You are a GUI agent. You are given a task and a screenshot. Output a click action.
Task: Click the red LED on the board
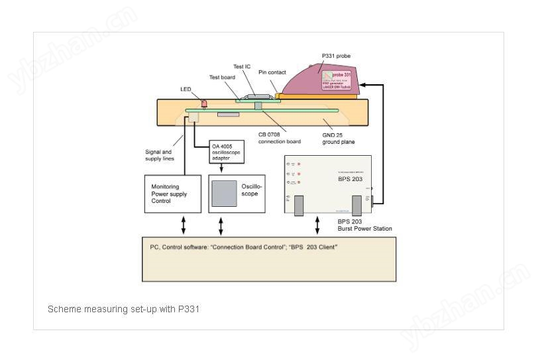click(x=204, y=103)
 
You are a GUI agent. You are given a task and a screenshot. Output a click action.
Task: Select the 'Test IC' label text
click(x=242, y=67)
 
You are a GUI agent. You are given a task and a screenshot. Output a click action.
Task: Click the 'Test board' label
click(x=222, y=78)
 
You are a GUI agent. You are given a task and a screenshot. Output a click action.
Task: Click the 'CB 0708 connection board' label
click(x=280, y=138)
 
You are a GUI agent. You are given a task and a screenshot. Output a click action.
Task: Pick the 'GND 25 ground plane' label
click(x=339, y=138)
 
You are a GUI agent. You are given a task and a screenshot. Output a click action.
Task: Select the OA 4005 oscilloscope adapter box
click(x=226, y=153)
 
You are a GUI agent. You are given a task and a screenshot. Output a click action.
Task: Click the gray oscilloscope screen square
click(x=224, y=194)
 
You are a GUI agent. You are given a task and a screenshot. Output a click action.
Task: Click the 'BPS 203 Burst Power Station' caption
click(x=364, y=225)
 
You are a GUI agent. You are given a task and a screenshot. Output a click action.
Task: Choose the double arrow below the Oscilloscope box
click(x=221, y=224)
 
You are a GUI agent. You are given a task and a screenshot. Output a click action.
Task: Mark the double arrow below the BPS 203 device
click(x=318, y=224)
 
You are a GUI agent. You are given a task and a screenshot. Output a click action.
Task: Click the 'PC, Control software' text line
click(x=244, y=247)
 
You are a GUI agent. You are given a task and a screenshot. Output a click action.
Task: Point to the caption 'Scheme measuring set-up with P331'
click(x=123, y=309)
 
